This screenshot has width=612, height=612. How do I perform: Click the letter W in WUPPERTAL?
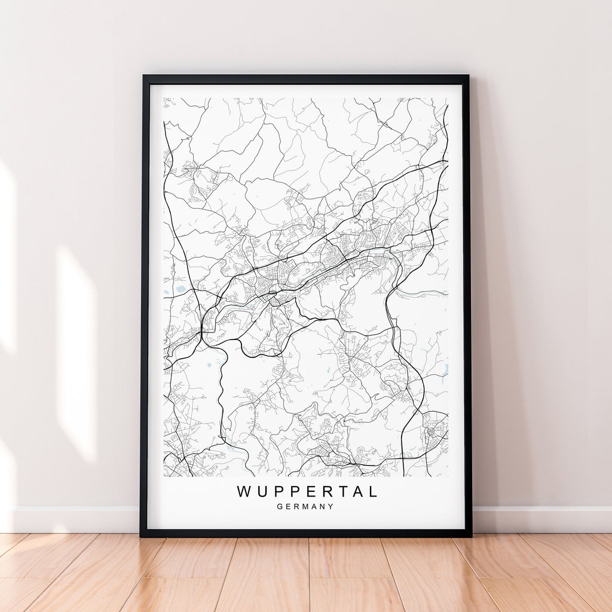tap(245, 492)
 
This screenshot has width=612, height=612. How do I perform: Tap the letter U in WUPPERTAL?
tap(262, 492)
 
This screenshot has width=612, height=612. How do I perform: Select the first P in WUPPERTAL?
tap(279, 492)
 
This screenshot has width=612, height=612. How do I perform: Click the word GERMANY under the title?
tap(305, 507)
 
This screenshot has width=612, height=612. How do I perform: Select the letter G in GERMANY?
tap(280, 507)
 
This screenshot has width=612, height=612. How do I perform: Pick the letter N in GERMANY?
tap(323, 507)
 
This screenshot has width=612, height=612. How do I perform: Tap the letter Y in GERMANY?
tap(331, 507)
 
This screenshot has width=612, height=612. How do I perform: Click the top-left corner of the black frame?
tap(144, 76)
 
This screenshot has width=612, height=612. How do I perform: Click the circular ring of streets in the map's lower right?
tap(432, 430)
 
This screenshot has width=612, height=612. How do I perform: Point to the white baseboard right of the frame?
tap(541, 519)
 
